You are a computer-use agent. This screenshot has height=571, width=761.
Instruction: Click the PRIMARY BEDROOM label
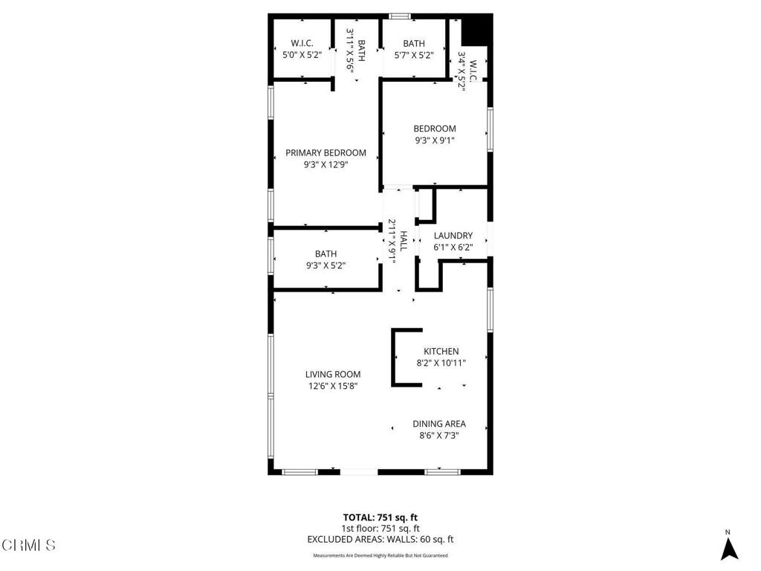(326, 153)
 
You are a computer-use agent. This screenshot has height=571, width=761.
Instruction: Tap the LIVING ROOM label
(333, 375)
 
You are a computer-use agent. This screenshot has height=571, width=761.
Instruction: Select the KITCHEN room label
(441, 352)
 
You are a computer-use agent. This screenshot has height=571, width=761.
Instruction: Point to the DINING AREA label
(439, 424)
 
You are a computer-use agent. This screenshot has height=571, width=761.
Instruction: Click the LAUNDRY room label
(453, 236)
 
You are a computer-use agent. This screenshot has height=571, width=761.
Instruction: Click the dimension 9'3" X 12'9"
(326, 165)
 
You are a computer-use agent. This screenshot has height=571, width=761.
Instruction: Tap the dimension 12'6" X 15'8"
(333, 386)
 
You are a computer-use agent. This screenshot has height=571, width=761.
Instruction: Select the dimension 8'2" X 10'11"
(441, 364)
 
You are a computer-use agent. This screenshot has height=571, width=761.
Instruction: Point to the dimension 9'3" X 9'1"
(435, 140)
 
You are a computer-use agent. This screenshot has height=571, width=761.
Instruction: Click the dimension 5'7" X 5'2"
(414, 55)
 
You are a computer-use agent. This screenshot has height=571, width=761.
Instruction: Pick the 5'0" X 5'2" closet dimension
(300, 55)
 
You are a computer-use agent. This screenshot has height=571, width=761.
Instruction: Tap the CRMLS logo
(28, 545)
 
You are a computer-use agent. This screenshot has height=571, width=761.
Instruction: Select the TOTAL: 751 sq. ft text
(380, 517)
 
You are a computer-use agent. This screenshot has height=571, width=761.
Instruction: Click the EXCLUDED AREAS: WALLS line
(380, 540)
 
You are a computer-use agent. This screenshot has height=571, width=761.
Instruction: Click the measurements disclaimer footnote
(380, 555)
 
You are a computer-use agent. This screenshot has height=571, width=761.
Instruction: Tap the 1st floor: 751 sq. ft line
(380, 529)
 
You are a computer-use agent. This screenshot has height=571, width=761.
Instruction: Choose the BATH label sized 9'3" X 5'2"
(326, 254)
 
